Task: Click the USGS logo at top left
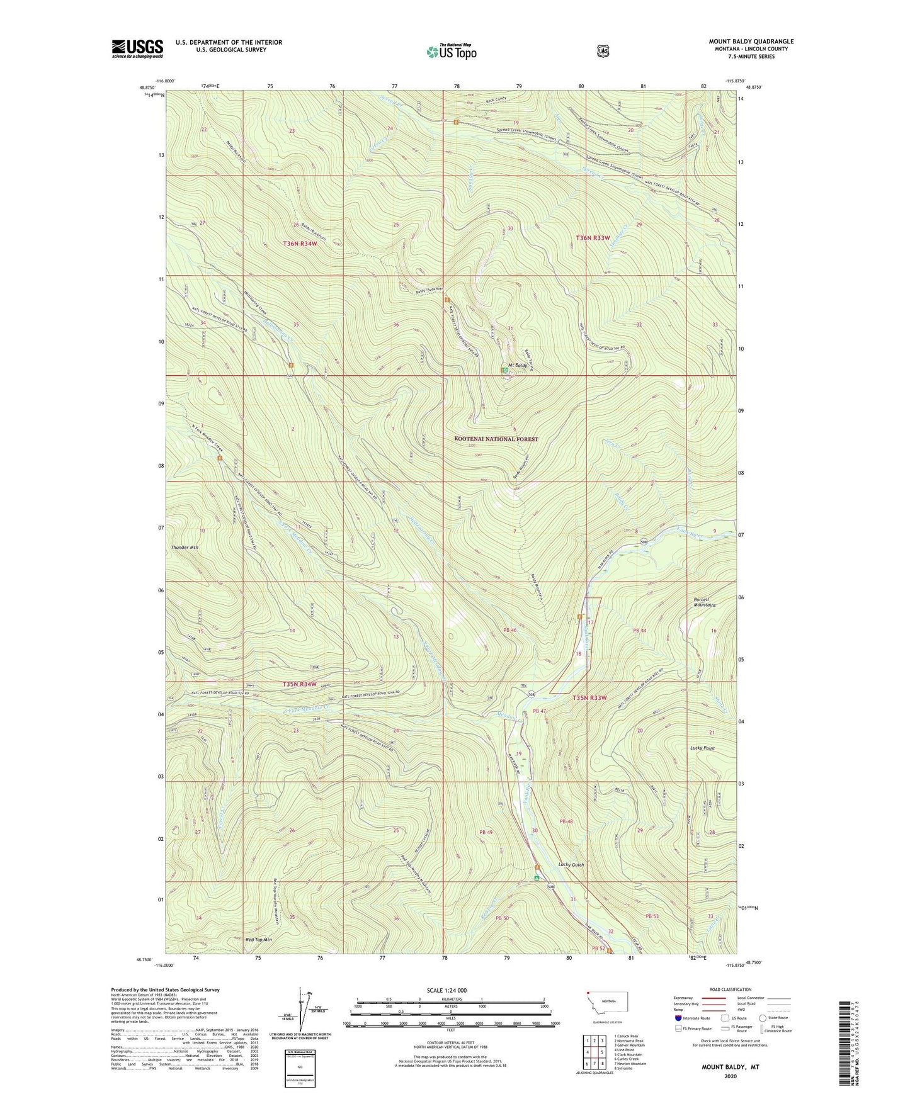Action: click(137, 48)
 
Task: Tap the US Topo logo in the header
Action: click(450, 52)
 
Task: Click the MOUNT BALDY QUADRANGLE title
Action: click(751, 42)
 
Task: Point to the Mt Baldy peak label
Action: click(517, 365)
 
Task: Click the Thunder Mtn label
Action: click(185, 548)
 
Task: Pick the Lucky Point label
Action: click(702, 748)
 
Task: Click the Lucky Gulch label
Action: click(571, 865)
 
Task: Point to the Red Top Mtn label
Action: click(259, 940)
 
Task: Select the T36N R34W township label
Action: click(300, 244)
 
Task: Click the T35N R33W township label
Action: click(591, 697)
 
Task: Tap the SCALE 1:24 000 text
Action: click(446, 990)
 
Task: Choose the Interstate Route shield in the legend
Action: click(678, 1018)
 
